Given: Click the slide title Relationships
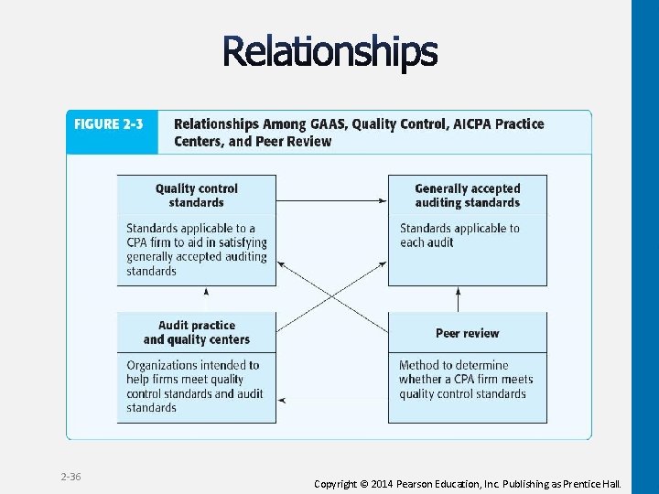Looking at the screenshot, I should (x=329, y=52).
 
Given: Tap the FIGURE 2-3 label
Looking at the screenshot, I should (x=109, y=124).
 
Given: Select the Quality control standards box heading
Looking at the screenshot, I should (x=196, y=195).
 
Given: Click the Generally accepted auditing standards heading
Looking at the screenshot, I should (x=467, y=195).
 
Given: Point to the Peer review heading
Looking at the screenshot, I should (x=467, y=333).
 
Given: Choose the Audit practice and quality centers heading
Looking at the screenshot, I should (x=196, y=332).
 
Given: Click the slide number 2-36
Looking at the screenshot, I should (x=70, y=478).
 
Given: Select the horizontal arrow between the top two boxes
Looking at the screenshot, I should (x=331, y=200).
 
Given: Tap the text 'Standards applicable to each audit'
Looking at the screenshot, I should (x=459, y=235).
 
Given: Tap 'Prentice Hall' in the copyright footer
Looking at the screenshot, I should (x=594, y=483).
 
